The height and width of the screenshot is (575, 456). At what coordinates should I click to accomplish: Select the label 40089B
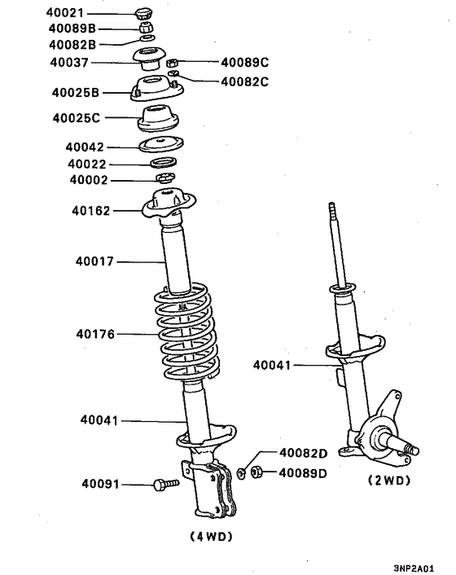tap(72, 29)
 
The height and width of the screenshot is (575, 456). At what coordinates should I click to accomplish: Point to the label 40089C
tap(244, 61)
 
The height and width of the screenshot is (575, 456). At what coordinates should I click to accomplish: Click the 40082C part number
tap(244, 81)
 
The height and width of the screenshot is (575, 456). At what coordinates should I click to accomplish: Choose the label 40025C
tap(76, 118)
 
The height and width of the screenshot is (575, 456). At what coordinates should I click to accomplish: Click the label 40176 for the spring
tap(95, 334)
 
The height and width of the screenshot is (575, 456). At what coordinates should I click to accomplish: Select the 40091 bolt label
tap(99, 485)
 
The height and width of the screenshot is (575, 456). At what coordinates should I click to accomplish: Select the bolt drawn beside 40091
tap(165, 485)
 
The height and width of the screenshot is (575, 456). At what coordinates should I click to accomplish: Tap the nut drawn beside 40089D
tap(256, 472)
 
